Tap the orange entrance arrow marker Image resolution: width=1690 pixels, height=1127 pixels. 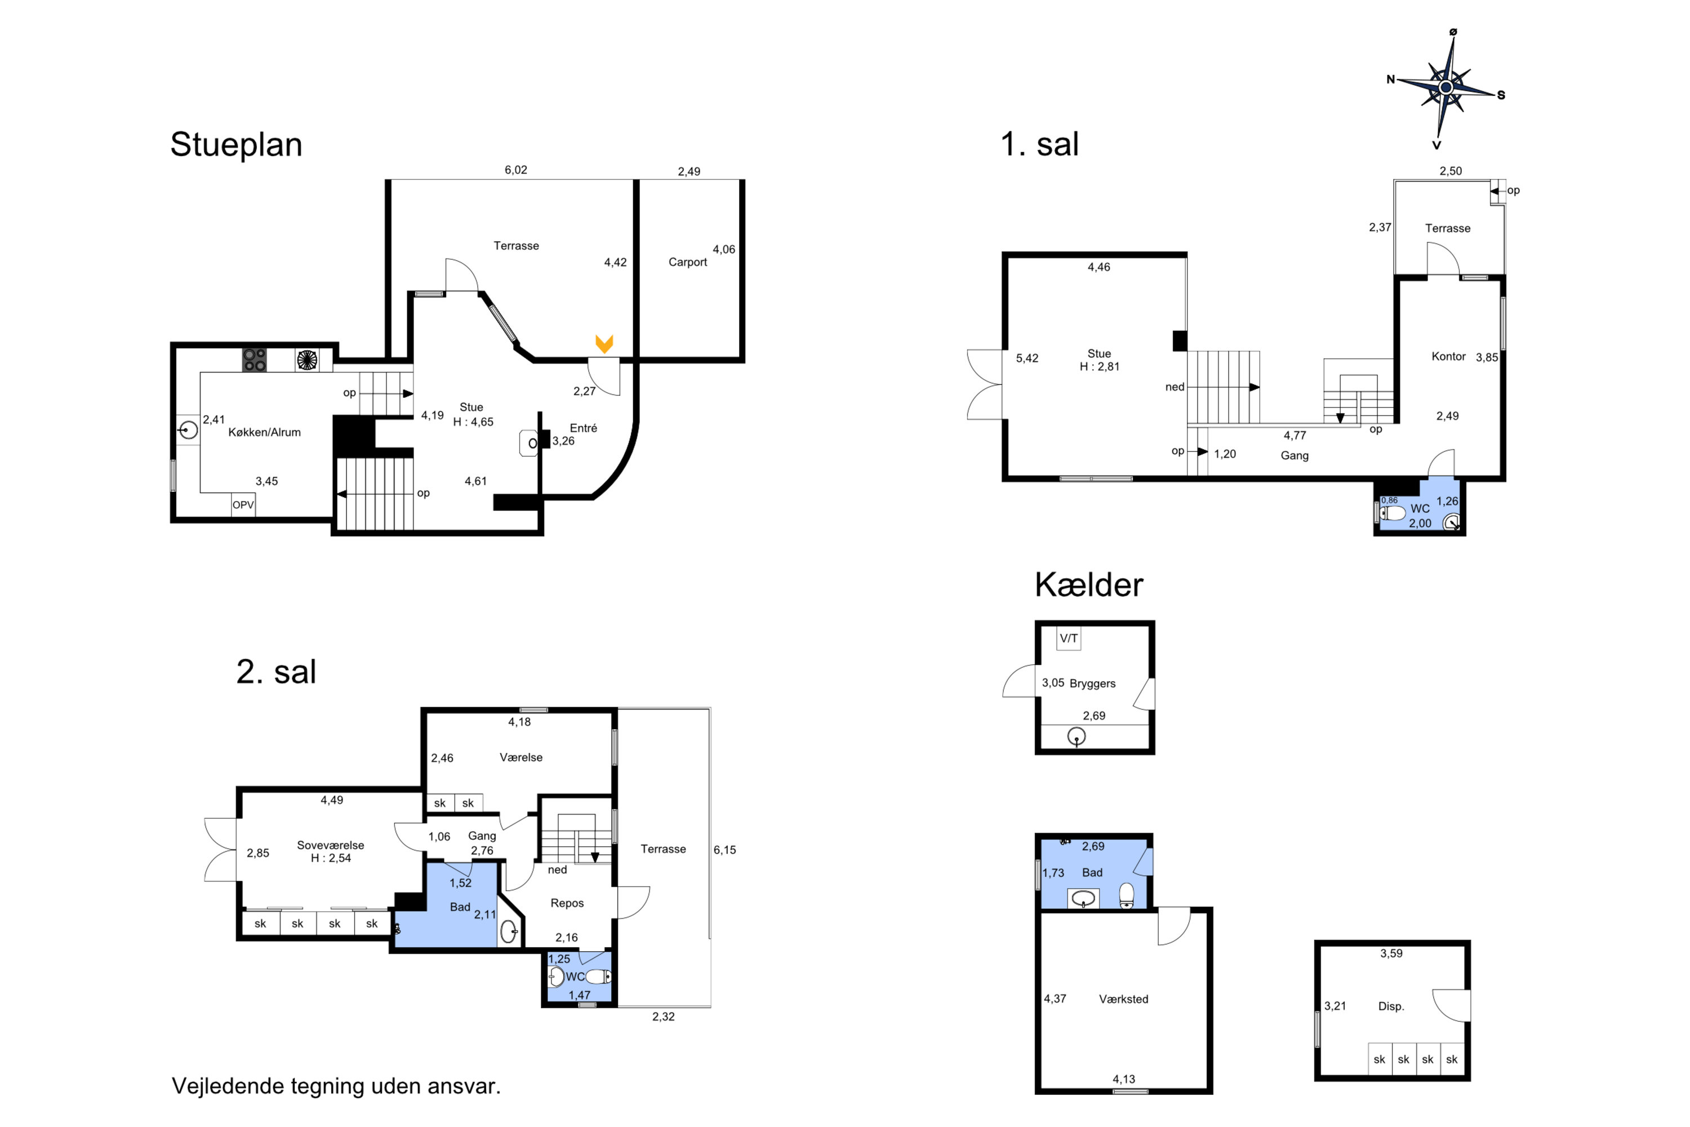coord(604,344)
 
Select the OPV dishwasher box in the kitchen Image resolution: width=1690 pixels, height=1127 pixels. coord(243,504)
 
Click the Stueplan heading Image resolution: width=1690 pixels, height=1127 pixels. coord(237,144)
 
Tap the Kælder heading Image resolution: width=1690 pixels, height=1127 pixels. coord(1088,585)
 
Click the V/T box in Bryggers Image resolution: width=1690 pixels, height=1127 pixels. coord(1069,638)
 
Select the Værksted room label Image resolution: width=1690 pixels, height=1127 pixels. coord(1124,999)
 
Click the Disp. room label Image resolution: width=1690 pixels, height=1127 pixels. coord(1391,1006)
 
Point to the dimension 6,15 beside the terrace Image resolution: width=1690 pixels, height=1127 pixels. coord(724,850)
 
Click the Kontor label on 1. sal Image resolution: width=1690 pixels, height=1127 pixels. coord(1448,357)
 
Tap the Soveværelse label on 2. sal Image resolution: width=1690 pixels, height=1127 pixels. coord(331,845)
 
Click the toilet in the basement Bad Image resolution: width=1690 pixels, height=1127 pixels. coord(1127,895)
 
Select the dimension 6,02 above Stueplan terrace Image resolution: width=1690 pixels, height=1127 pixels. coord(516,170)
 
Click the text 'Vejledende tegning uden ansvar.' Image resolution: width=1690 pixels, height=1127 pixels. coord(336,1085)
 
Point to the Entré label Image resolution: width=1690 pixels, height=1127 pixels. coord(584,428)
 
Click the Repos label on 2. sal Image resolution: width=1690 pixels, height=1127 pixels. coord(567,903)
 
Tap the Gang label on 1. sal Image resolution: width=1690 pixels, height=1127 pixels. coord(1294,456)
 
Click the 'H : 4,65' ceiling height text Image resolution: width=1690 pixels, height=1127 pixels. coord(474,422)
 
